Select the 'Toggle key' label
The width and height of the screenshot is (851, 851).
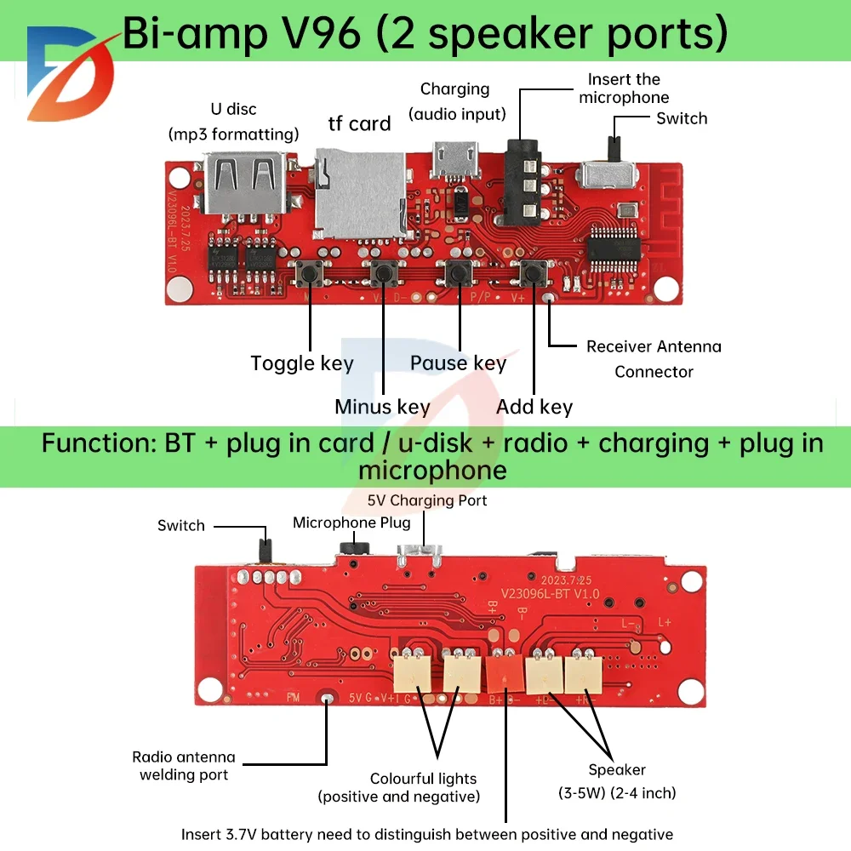[302, 363]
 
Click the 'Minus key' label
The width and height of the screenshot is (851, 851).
[382, 407]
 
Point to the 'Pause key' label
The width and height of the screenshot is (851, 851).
[458, 363]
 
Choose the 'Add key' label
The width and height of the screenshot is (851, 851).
[534, 407]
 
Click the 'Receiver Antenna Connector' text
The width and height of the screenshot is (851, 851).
[654, 358]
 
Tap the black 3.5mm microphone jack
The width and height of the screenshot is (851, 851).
[522, 183]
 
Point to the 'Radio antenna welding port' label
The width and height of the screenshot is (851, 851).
[184, 765]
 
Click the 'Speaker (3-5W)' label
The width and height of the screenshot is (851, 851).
[617, 781]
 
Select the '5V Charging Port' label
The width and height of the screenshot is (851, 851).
[427, 500]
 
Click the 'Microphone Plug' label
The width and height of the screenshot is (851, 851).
[351, 523]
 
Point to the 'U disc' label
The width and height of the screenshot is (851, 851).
[233, 109]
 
